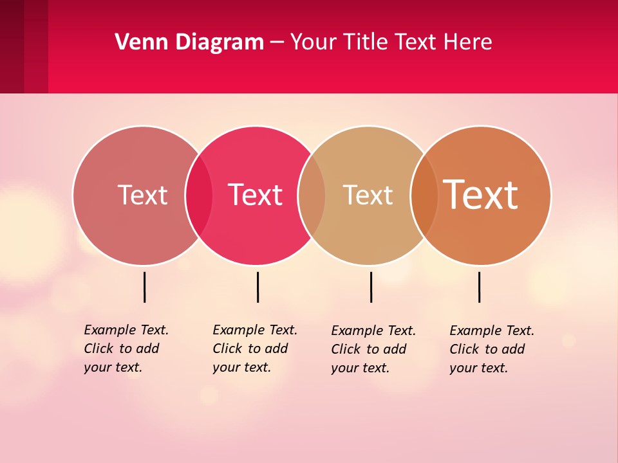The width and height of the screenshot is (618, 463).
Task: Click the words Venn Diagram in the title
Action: click(189, 42)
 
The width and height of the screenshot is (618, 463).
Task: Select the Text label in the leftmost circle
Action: click(142, 195)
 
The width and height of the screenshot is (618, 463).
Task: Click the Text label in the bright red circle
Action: click(256, 195)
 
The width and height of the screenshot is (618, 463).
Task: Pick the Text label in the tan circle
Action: click(368, 195)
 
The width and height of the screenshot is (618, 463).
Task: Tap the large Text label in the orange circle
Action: click(481, 195)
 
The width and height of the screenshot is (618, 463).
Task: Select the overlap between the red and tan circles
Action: click(312, 195)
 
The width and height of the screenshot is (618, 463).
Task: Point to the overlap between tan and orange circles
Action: click(424, 195)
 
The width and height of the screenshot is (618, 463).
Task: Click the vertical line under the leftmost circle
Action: click(144, 287)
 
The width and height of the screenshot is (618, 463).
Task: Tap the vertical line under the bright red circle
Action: click(257, 287)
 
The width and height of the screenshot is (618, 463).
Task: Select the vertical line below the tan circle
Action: click(371, 287)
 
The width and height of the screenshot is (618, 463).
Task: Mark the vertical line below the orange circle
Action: click(479, 287)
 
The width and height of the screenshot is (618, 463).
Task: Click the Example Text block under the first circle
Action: click(126, 349)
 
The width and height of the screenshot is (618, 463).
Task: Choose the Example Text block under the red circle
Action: click(254, 349)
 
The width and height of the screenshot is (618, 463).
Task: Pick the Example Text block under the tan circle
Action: click(373, 349)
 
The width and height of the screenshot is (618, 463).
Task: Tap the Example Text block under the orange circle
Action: click(491, 349)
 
